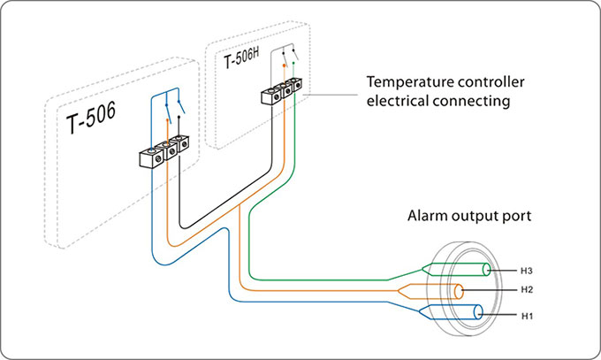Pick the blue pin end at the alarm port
tap(478, 312)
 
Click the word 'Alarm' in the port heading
tap(427, 215)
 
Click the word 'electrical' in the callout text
tap(395, 102)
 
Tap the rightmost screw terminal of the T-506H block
tap(298, 86)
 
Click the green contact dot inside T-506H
tap(293, 62)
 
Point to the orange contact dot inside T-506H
tap(283, 65)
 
